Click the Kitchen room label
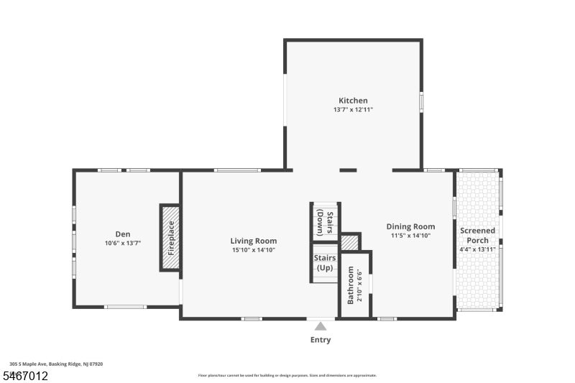[x=353, y=101]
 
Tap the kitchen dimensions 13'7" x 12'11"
[x=353, y=110]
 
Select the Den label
[x=123, y=234]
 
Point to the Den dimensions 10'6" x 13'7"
[x=123, y=243]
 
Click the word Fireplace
[x=171, y=239]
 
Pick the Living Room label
[x=254, y=241]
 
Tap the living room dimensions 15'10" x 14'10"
[x=254, y=250]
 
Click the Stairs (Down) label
[x=325, y=222]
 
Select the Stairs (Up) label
[x=325, y=263]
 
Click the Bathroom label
[x=351, y=285]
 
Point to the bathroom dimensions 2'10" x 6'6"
[x=359, y=286]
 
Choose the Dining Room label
[x=410, y=226]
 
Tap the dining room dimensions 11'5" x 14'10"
[x=410, y=236]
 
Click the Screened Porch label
[x=477, y=235]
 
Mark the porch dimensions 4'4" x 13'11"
[x=477, y=249]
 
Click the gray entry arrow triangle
[x=321, y=326]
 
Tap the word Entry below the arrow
[x=321, y=340]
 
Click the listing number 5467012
[x=26, y=376]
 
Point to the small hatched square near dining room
[x=349, y=243]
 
